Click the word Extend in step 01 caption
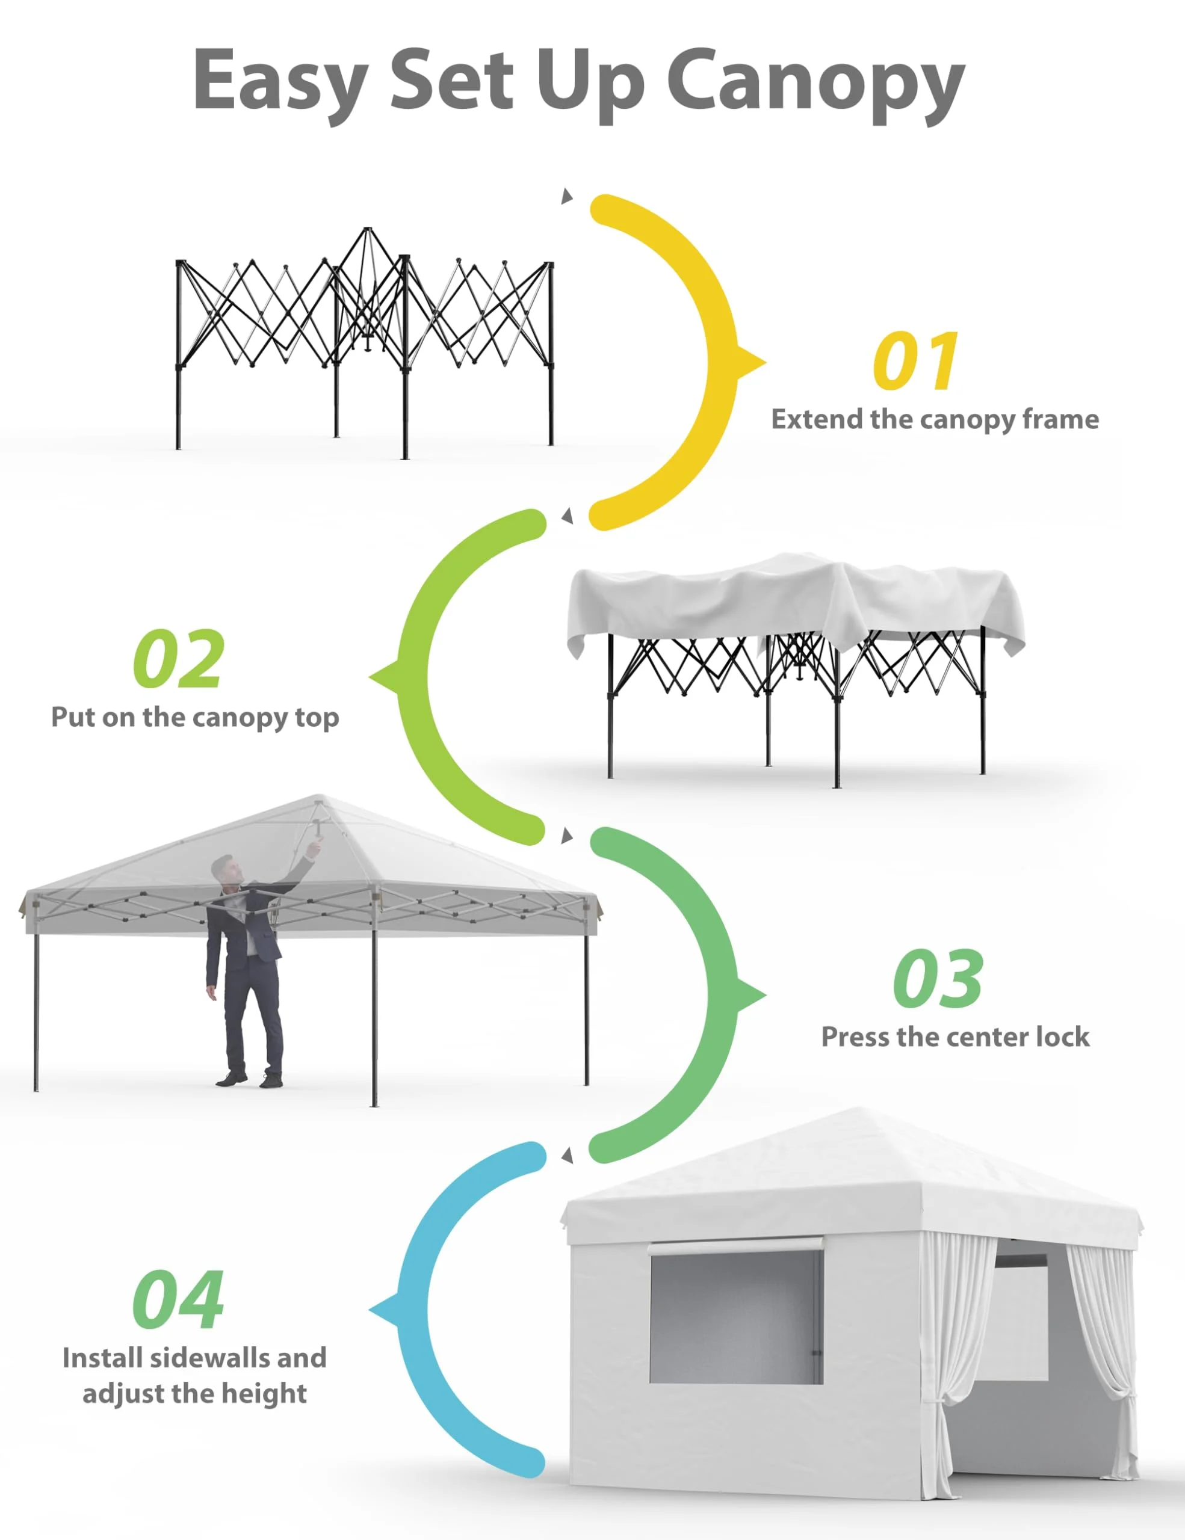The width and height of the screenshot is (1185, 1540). click(817, 419)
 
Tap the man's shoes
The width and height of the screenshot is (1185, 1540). click(250, 1078)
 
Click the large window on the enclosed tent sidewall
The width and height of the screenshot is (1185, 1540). click(735, 1317)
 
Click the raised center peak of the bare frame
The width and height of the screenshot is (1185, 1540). click(367, 230)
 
